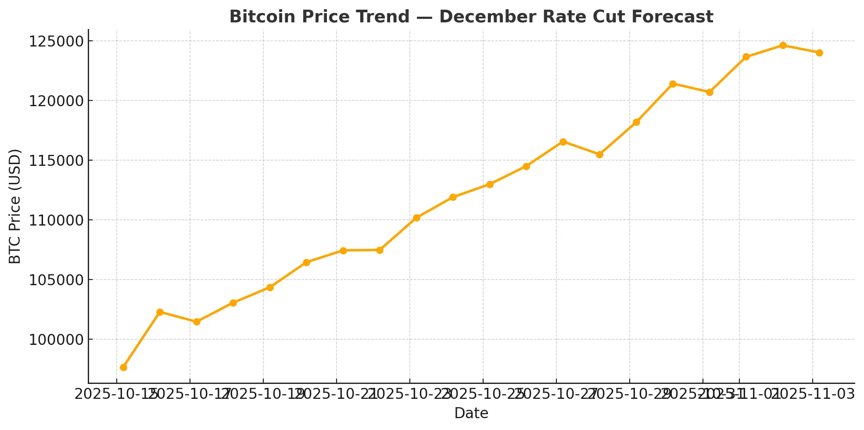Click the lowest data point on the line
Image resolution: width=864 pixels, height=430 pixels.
pyautogui.click(x=123, y=367)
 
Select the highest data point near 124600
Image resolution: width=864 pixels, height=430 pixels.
pyautogui.click(x=783, y=45)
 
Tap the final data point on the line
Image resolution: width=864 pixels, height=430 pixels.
pyautogui.click(x=819, y=53)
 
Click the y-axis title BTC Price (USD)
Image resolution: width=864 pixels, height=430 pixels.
pyautogui.click(x=15, y=206)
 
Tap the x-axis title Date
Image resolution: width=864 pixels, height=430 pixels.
pyautogui.click(x=471, y=413)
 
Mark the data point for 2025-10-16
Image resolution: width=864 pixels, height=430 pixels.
pyautogui.click(x=160, y=312)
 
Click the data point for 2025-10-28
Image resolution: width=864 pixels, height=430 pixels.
pyautogui.click(x=599, y=154)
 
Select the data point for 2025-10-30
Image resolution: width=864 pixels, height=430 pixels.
pyautogui.click(x=673, y=84)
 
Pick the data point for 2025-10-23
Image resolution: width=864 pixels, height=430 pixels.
pyautogui.click(x=416, y=218)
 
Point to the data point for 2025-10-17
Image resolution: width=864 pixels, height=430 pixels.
pyautogui.click(x=197, y=322)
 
